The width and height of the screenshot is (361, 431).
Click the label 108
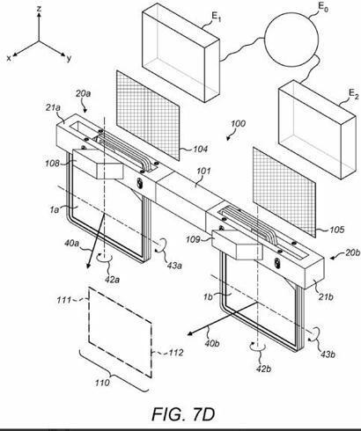(x=53, y=163)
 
